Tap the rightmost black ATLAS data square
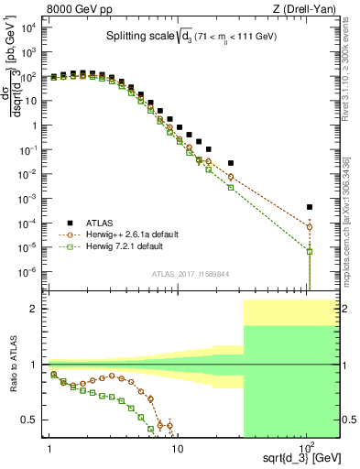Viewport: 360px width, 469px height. click(x=310, y=207)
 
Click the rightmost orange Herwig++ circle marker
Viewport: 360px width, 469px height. click(x=310, y=226)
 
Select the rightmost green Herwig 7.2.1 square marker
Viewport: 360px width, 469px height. click(x=310, y=251)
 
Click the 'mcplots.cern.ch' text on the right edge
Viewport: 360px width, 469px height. click(x=353, y=229)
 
